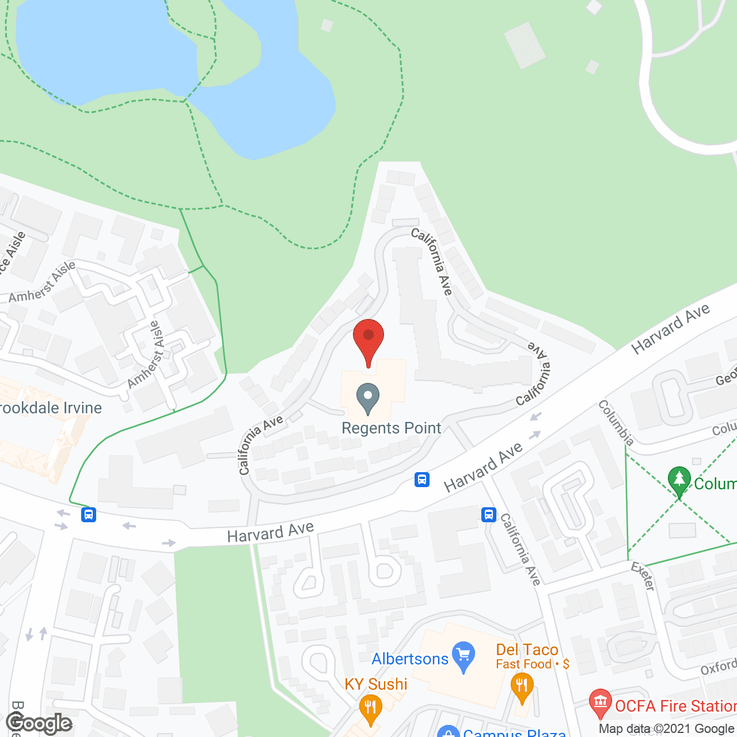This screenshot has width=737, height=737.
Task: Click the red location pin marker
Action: point(368,340)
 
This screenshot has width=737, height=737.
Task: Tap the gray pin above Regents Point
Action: point(367,398)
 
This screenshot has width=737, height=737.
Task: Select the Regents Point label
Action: point(392,428)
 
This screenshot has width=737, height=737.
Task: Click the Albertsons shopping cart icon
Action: point(464,656)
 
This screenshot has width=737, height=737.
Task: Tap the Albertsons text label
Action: point(410,659)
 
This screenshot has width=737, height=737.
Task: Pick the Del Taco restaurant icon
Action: point(522,687)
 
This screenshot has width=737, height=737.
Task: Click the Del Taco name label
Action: point(527,649)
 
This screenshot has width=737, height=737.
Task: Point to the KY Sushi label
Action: point(375,684)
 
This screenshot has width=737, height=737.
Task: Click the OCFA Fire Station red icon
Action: point(601,702)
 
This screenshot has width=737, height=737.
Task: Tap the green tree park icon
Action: point(679,480)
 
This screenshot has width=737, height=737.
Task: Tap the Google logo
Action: point(39,723)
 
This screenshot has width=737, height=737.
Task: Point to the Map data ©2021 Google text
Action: point(667,728)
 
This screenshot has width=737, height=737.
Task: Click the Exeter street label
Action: point(643,576)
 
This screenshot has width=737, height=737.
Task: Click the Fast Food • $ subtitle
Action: point(533,664)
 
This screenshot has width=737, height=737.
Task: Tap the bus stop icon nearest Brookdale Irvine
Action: point(88,514)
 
